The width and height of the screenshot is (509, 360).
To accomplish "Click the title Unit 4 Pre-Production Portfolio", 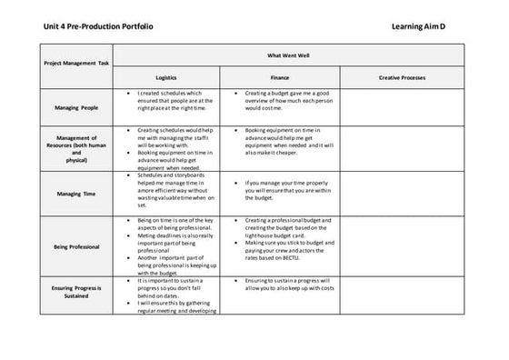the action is tap(98, 26).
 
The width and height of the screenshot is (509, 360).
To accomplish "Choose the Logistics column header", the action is tap(166, 78).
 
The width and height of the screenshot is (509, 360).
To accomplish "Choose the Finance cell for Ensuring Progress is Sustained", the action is tap(285, 285).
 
